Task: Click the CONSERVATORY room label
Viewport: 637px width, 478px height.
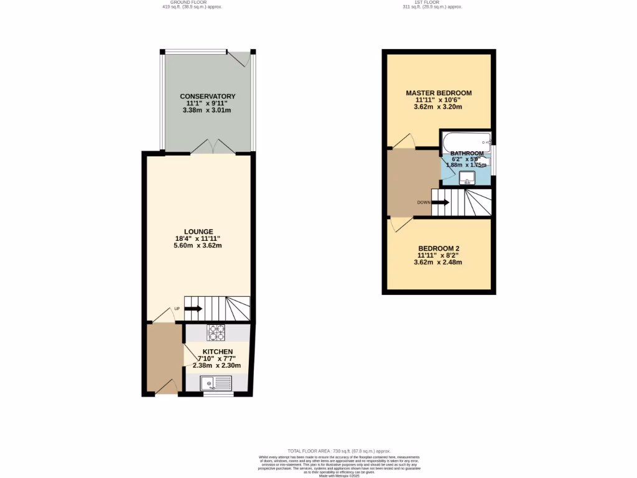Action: [x=207, y=96]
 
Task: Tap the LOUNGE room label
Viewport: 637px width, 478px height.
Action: [x=198, y=232]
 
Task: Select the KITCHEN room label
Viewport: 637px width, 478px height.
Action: [x=217, y=352]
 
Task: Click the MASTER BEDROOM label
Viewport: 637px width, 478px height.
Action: [x=439, y=93]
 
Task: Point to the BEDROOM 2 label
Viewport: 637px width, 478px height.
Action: [x=439, y=248]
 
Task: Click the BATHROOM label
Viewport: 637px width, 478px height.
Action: [x=467, y=153]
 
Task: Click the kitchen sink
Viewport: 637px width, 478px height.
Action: [x=215, y=383]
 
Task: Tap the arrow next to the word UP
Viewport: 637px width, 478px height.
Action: [x=193, y=308]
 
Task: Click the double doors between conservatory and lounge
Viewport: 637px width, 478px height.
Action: [x=213, y=147]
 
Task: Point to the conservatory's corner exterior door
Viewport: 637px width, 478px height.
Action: [x=240, y=58]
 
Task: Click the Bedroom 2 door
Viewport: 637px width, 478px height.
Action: [x=401, y=224]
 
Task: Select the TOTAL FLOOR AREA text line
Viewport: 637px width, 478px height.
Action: [x=338, y=450]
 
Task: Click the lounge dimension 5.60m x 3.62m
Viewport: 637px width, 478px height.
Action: [x=198, y=245]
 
